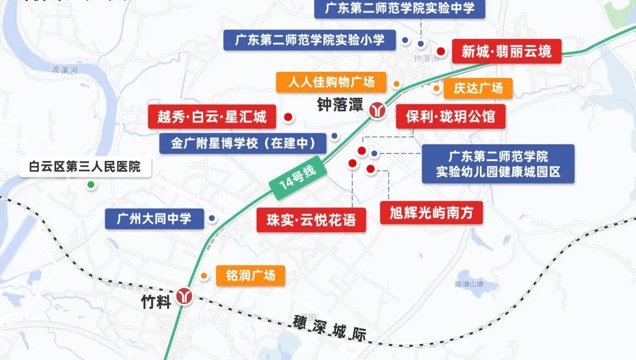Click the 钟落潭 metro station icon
(377, 110)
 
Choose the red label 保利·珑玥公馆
(450, 117)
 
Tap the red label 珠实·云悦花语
(311, 220)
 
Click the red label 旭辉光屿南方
(431, 212)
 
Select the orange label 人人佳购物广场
(331, 82)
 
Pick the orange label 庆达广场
(478, 88)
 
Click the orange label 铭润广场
(250, 275)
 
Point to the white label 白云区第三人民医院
(85, 167)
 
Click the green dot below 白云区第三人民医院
(91, 185)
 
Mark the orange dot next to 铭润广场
(204, 275)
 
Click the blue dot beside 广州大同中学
(212, 219)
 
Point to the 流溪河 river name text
(65, 70)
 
